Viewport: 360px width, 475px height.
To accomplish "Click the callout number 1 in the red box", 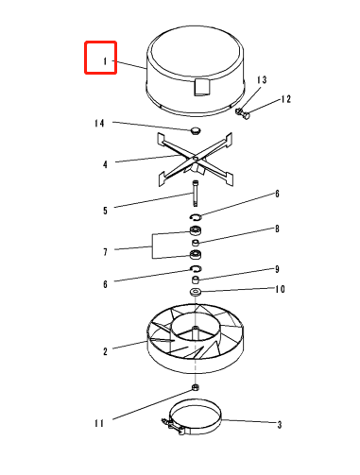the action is pos(105,61).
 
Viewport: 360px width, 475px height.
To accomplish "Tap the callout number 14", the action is pos(99,123).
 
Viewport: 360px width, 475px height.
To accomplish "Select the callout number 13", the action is pos(262,80).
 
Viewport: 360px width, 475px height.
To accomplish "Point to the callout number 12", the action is pos(285,99).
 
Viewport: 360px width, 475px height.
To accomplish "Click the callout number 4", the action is pos(105,164).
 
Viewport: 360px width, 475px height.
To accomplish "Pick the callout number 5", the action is pos(105,211).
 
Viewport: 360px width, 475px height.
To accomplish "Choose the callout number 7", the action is pos(105,252).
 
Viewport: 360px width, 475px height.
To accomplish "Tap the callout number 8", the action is pos(277,229).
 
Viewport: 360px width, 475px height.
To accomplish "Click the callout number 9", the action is pos(277,269).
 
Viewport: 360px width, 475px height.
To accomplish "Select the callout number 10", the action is pos(280,289).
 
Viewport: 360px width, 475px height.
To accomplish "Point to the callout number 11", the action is pos(99,423).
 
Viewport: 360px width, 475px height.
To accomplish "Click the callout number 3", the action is pos(280,425).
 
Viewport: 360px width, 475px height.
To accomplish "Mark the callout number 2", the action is pos(105,351).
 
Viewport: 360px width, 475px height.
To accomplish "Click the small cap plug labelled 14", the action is pos(196,130).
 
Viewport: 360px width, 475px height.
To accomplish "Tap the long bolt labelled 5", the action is pos(196,194).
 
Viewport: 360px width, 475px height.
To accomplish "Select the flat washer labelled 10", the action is pos(196,292).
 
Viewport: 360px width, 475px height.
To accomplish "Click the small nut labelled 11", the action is pos(196,387).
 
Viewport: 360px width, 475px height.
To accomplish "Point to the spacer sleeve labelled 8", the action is pos(196,243).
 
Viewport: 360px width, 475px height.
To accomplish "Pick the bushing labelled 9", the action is pos(196,280).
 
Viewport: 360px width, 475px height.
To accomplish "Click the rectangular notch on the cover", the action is pos(201,87).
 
